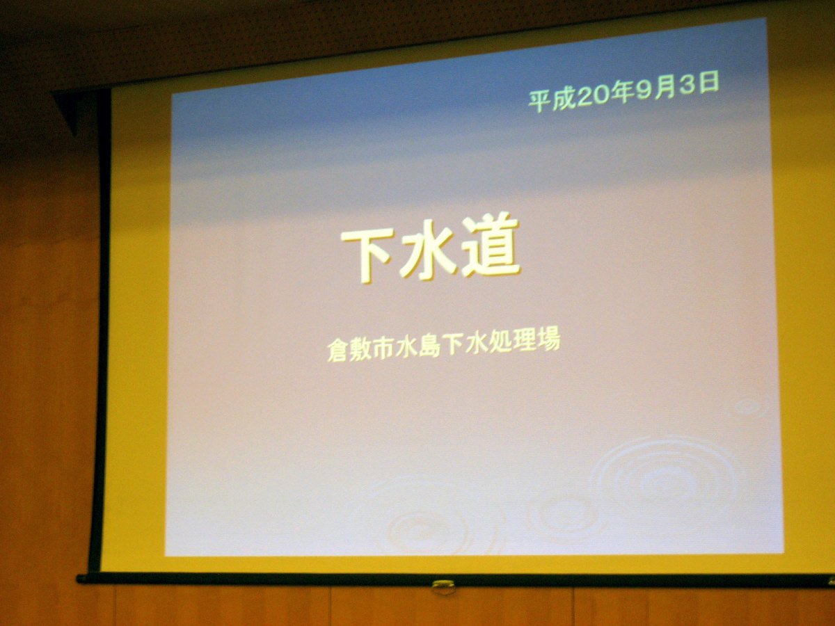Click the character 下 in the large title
[366, 255]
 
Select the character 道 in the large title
[491, 244]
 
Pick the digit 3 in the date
[687, 86]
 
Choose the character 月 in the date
[665, 88]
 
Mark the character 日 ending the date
[708, 83]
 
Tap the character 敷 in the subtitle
[360, 349]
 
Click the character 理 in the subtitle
[525, 340]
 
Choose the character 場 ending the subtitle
[549, 339]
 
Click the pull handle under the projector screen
[443, 587]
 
